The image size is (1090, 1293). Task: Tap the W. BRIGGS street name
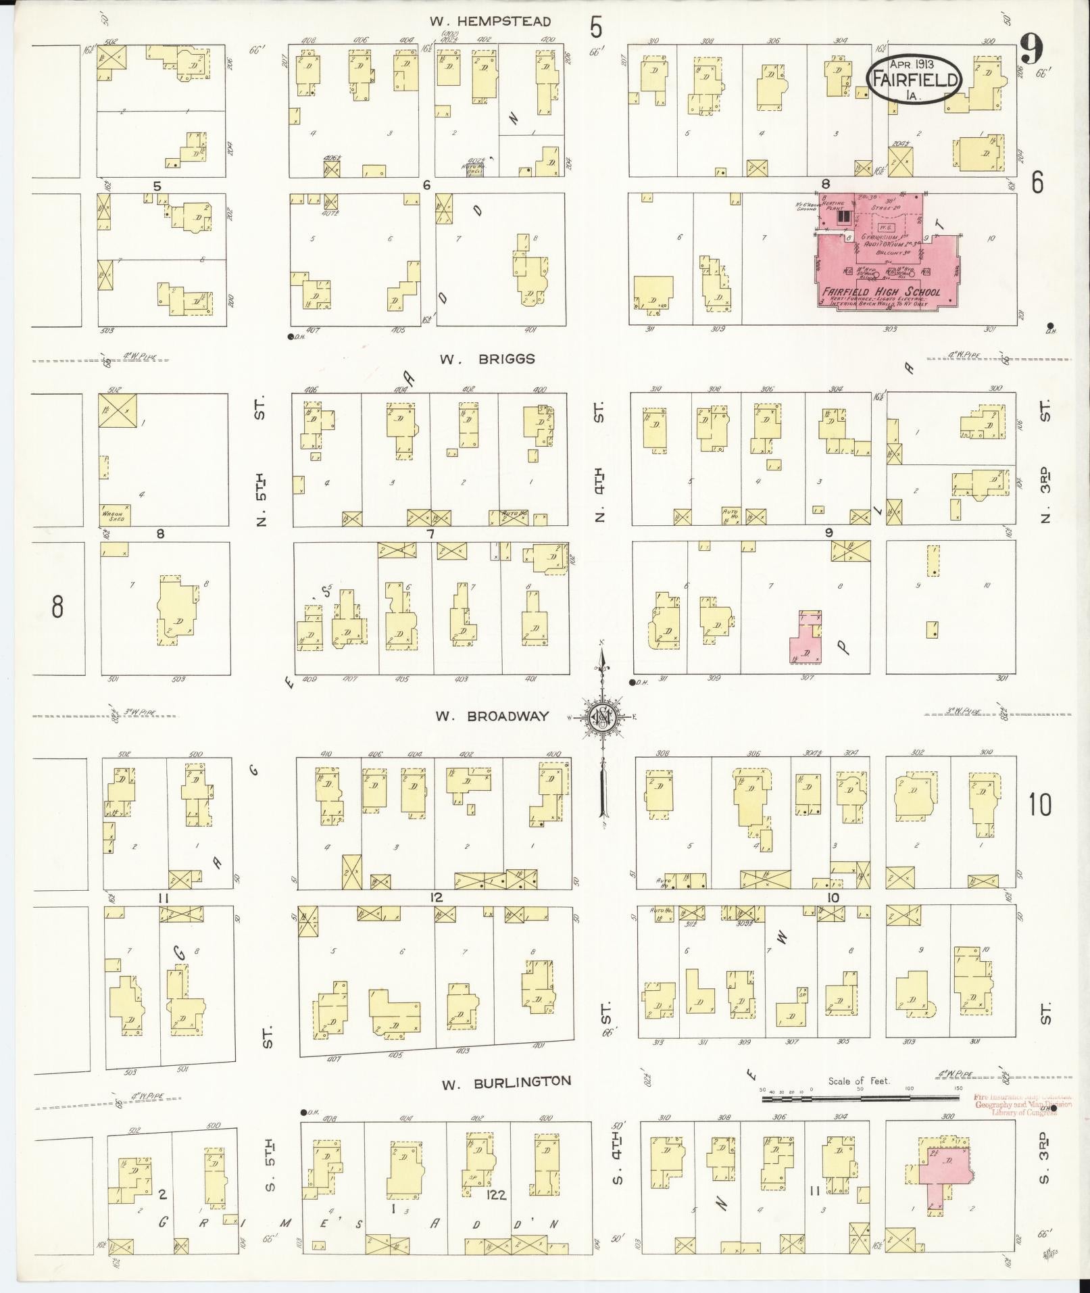487,359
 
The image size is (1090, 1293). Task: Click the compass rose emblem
601,717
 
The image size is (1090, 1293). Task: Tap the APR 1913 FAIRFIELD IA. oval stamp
914,80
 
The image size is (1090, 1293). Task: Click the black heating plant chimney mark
844,216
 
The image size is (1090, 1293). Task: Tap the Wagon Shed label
112,516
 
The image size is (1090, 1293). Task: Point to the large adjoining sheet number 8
57,606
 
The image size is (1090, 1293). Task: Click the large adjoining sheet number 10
1040,804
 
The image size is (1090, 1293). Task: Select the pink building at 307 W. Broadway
806,639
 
